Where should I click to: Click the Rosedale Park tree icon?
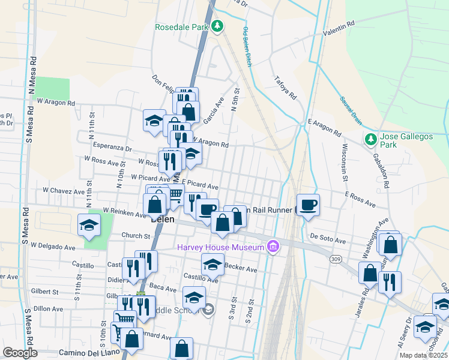pos(218,27)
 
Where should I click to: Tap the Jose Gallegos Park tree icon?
pos(371,140)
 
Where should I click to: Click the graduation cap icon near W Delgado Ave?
pos(89,226)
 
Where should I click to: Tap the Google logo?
pos(20,352)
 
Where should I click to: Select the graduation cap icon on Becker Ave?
pos(212,264)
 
